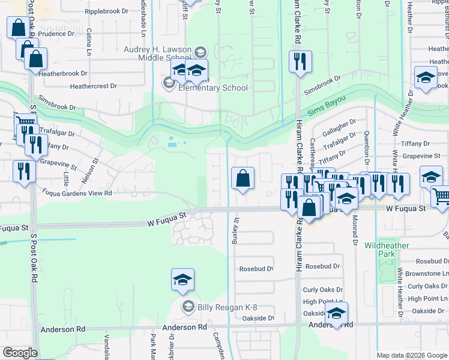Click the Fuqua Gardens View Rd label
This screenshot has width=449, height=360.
[77, 193]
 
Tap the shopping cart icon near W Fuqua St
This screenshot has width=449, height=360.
[441, 197]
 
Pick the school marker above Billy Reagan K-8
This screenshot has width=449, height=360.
[182, 280]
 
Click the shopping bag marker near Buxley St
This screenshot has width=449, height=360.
[243, 178]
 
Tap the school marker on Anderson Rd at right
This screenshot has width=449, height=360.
[336, 313]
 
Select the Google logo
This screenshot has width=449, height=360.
[19, 353]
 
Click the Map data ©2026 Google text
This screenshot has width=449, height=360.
[411, 355]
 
